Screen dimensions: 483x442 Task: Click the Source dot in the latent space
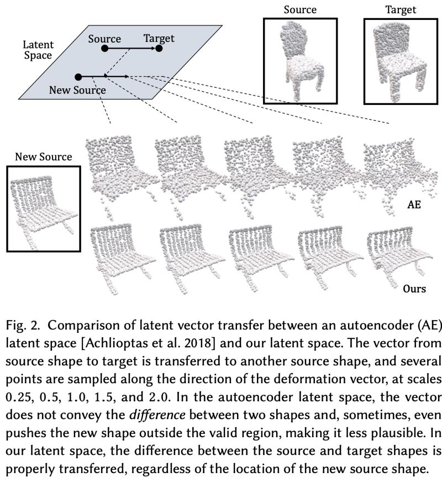(104, 49)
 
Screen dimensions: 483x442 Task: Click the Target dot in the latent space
(159, 49)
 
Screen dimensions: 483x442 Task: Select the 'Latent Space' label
(38, 49)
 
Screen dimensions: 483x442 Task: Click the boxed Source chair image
(300, 61)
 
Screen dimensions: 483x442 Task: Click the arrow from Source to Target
(131, 49)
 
